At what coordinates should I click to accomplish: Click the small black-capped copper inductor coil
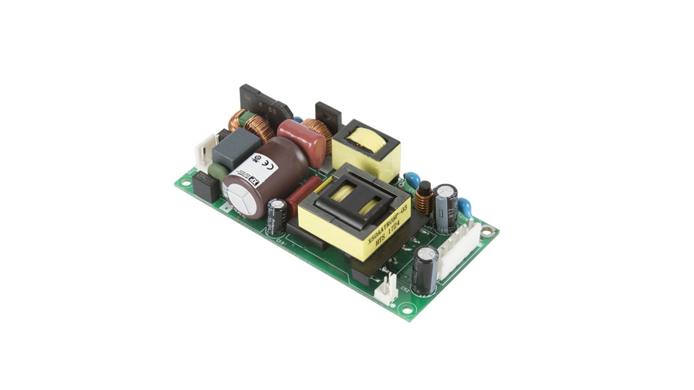coord(424,197)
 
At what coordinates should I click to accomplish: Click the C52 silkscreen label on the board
coord(405,289)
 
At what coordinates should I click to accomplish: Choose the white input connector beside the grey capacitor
coord(204,152)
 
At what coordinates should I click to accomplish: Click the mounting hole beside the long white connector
coord(487,231)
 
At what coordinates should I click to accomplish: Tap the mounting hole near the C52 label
coord(406,308)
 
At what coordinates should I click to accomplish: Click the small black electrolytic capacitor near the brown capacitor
coord(277,216)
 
